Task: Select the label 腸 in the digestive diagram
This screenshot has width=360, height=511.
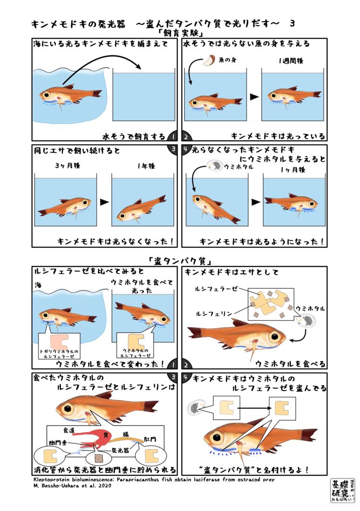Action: pyautogui.click(x=125, y=435)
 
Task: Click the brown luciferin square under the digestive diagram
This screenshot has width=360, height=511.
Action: pyautogui.click(x=99, y=458)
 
